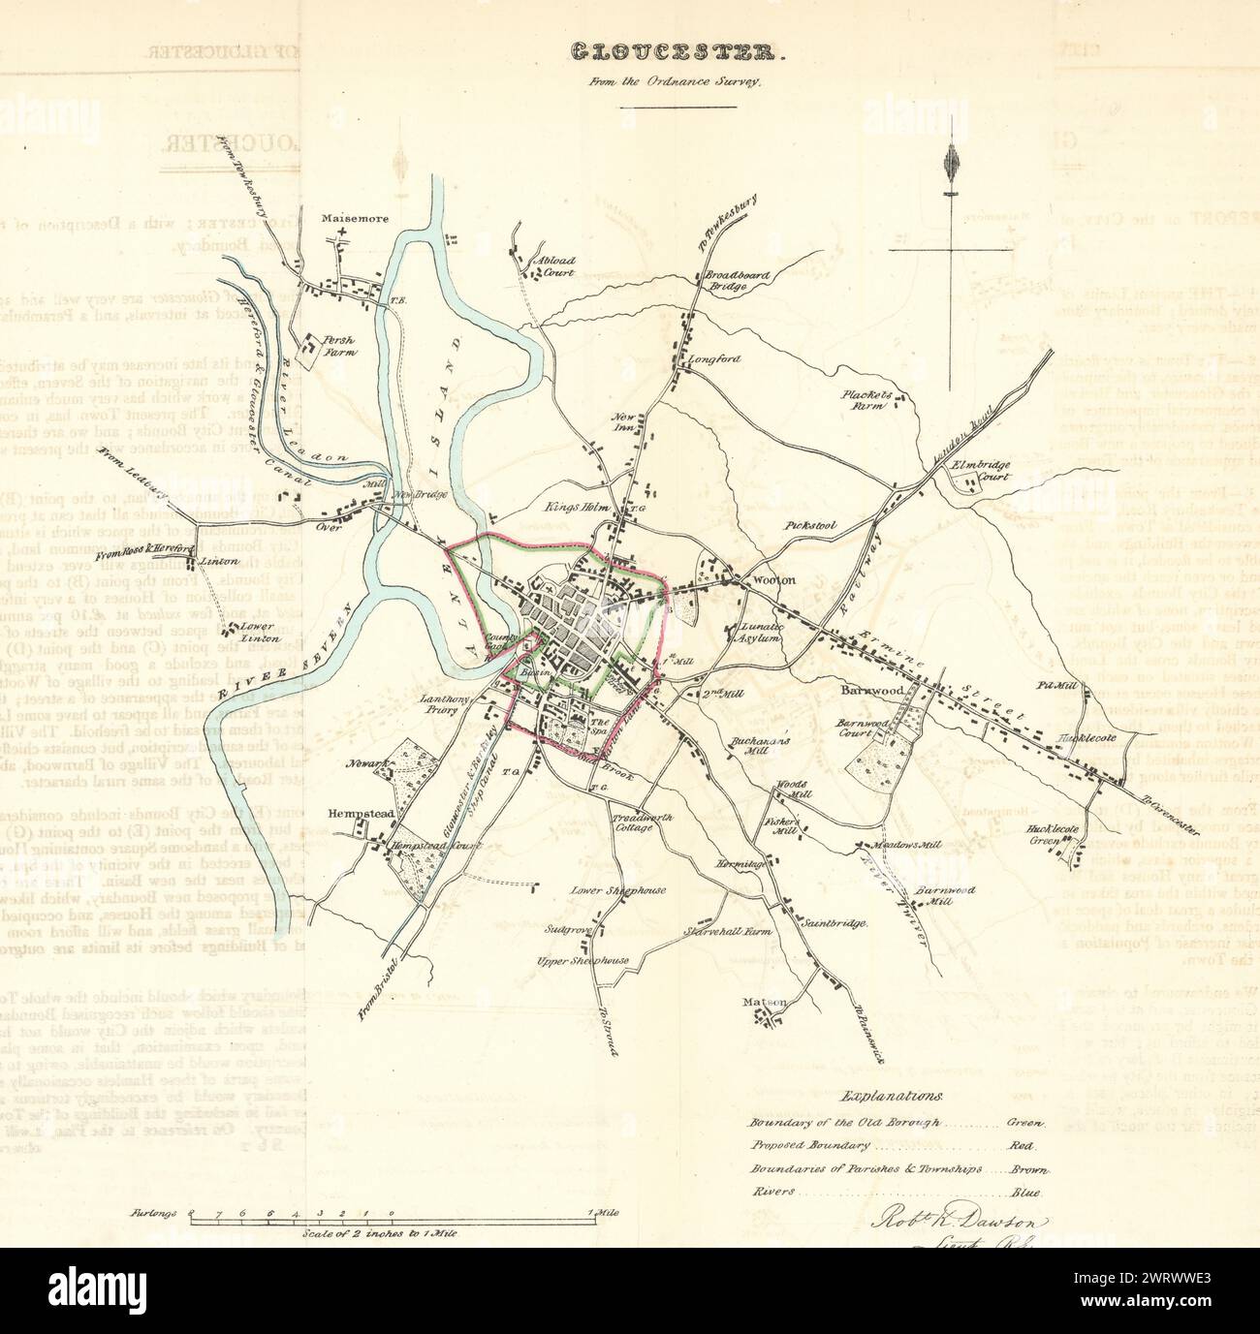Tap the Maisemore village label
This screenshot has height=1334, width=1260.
click(x=355, y=219)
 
